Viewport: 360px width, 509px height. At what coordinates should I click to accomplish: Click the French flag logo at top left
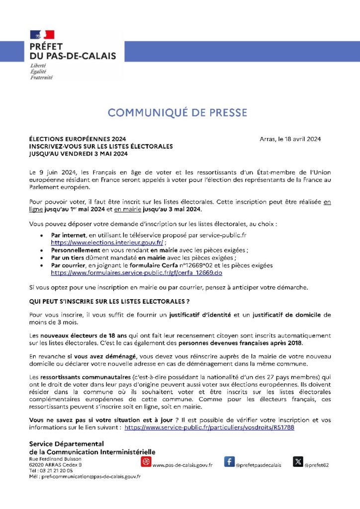pyautogui.click(x=42, y=35)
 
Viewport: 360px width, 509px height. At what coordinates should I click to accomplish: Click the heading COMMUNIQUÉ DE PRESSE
pyautogui.click(x=178, y=113)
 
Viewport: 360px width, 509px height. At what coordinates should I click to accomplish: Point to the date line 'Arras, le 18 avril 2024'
pyautogui.click(x=290, y=139)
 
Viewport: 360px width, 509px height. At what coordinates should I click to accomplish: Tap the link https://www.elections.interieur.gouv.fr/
pyautogui.click(x=107, y=242)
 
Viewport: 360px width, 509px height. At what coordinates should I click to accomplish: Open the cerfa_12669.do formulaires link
pyautogui.click(x=136, y=273)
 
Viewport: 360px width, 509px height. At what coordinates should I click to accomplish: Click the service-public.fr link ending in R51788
pyautogui.click(x=209, y=427)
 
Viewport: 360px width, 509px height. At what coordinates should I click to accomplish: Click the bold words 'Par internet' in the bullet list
pyautogui.click(x=68, y=235)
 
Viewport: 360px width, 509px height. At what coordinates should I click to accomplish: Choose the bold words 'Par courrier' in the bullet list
pyautogui.click(x=68, y=265)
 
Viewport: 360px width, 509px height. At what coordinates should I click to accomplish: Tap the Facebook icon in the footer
pyautogui.click(x=229, y=462)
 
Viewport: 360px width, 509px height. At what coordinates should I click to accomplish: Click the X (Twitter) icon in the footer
pyautogui.click(x=298, y=462)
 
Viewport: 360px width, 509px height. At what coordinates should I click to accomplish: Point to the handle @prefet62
pyautogui.click(x=317, y=465)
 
